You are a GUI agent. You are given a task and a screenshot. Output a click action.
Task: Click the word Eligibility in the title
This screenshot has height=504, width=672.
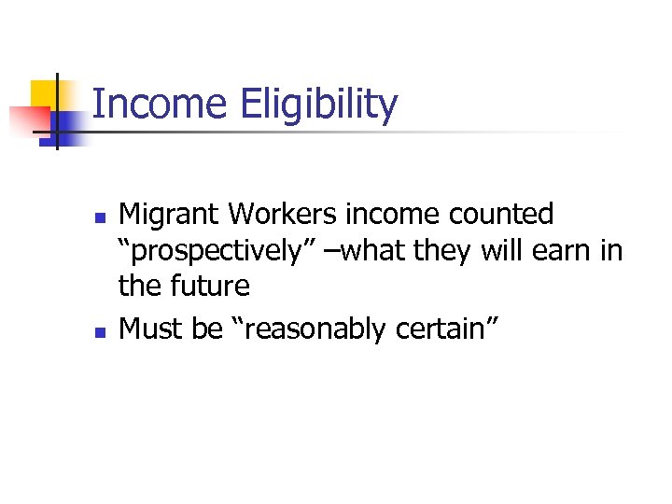coord(318,105)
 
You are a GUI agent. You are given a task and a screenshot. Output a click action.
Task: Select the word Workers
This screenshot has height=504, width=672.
coord(283,215)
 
